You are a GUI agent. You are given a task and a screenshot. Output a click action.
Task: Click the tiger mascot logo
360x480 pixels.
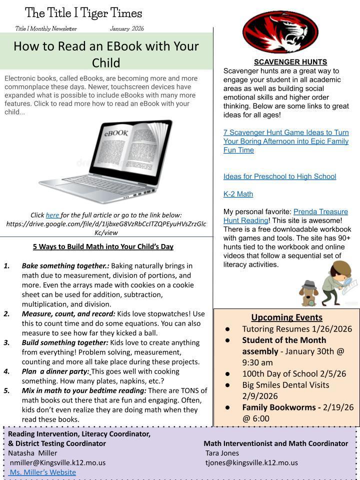click(280, 32)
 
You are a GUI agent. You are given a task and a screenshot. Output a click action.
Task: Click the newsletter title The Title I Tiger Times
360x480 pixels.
click(83, 13)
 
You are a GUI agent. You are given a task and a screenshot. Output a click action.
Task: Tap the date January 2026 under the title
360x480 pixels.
click(126, 28)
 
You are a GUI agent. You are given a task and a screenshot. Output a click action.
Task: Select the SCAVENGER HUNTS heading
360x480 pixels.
click(290, 62)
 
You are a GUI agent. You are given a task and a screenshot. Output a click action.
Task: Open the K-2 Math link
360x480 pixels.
click(238, 194)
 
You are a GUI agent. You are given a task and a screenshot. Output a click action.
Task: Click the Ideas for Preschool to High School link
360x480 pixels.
click(279, 176)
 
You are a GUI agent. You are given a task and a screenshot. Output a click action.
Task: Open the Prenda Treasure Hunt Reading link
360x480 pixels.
click(320, 211)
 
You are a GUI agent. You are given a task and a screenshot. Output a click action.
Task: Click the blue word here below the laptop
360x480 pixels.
click(52, 215)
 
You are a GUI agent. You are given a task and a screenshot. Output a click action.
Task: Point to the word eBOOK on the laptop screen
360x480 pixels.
click(116, 133)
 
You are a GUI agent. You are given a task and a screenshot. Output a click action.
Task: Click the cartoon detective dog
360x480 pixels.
click(308, 293)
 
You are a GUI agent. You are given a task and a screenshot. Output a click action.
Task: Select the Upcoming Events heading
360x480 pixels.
click(286, 317)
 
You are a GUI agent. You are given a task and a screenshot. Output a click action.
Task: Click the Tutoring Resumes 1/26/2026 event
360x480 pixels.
click(297, 329)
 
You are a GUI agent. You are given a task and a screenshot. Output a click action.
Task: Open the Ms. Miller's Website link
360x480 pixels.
click(43, 472)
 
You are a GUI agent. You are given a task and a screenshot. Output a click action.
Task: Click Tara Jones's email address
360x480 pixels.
click(251, 462)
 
